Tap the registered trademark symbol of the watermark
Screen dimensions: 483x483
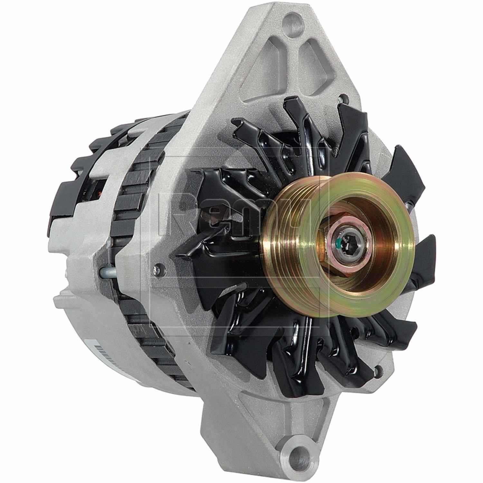pyautogui.click(x=335, y=149)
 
